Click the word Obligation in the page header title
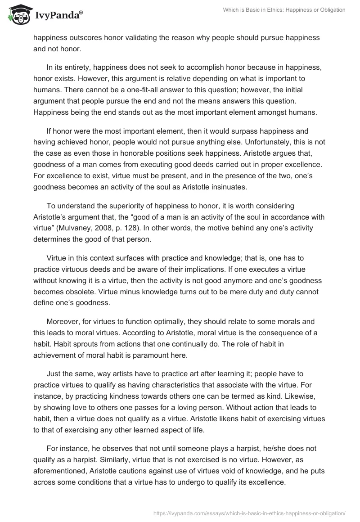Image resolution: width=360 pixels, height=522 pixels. [329, 10]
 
